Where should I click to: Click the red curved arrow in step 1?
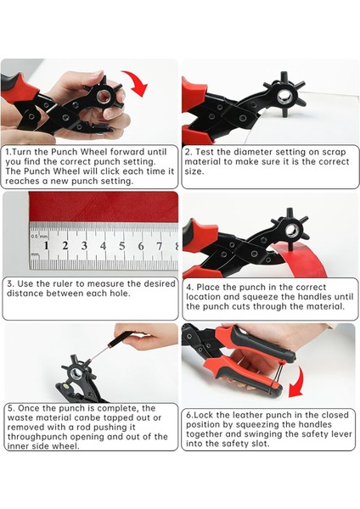(x=137, y=81)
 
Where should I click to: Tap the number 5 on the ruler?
(x=122, y=246)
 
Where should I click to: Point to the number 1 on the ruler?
(x=46, y=245)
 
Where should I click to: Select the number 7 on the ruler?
(x=160, y=246)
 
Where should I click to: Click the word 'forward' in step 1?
(x=127, y=152)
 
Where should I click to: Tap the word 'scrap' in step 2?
(x=334, y=153)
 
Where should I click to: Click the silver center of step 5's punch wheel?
(x=76, y=373)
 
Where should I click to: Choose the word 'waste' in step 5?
(x=19, y=417)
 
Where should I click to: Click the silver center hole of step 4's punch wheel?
(x=291, y=231)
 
